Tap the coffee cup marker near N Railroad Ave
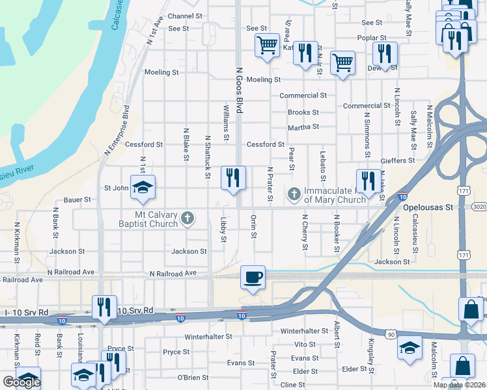click(253, 278)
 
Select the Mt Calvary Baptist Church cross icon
click(188, 218)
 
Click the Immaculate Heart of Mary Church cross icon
click(294, 194)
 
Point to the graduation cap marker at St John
click(143, 188)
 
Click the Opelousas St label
click(427, 207)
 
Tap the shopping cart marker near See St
click(266, 45)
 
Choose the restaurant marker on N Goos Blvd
click(233, 177)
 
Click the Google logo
click(21, 382)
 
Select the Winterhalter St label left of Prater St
click(208, 337)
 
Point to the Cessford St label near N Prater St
click(265, 144)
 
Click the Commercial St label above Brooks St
click(303, 96)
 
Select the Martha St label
click(303, 127)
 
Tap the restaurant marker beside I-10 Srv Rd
click(104, 307)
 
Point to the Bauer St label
click(77, 200)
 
